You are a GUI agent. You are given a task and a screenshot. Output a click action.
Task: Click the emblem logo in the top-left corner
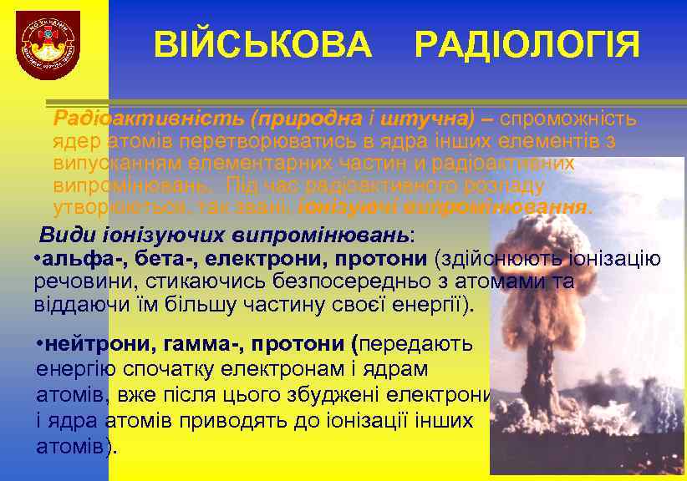(50, 48)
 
